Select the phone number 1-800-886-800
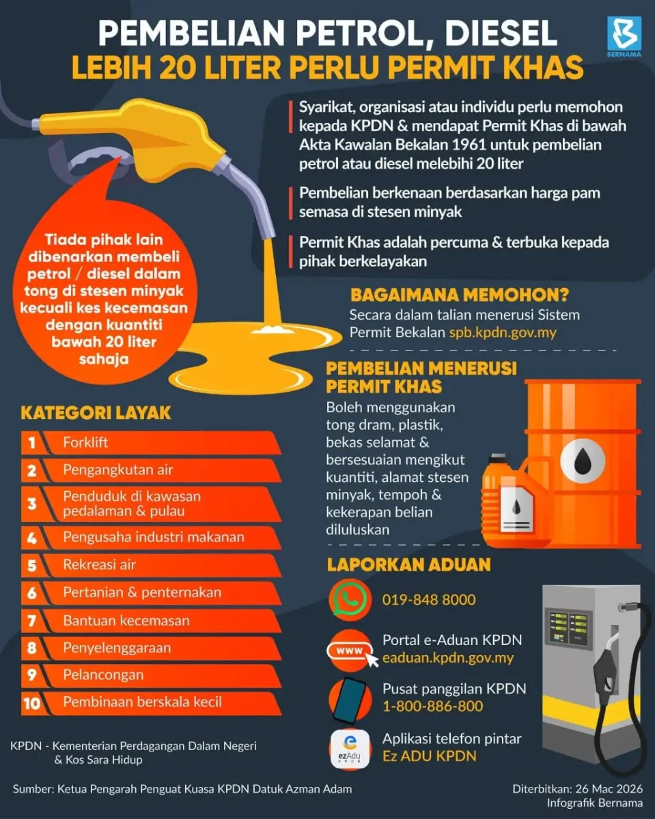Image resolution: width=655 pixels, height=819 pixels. pyautogui.click(x=432, y=706)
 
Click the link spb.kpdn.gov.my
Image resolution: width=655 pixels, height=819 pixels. pyautogui.click(x=502, y=333)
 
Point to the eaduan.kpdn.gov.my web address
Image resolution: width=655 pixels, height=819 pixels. pyautogui.click(x=447, y=659)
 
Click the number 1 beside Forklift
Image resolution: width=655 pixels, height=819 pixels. pyautogui.click(x=31, y=443)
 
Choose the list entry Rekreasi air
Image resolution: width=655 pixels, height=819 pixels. pyautogui.click(x=99, y=565)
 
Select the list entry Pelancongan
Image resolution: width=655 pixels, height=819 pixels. pyautogui.click(x=103, y=675)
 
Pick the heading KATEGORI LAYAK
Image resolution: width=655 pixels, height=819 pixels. pyautogui.click(x=96, y=413)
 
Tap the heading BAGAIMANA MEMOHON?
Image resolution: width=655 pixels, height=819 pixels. pyautogui.click(x=460, y=295)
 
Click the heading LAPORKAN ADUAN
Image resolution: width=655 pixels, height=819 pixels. pyautogui.click(x=408, y=565)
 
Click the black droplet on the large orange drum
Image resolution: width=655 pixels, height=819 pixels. pyautogui.click(x=582, y=462)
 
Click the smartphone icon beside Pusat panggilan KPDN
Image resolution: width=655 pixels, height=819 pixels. pyautogui.click(x=349, y=699)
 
